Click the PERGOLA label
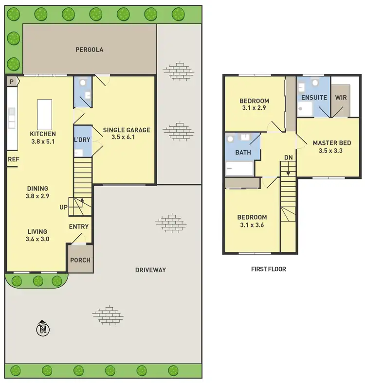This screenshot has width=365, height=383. pyautogui.click(x=90, y=50)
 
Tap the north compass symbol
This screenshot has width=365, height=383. pyautogui.click(x=43, y=330)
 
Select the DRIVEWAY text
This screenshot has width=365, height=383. pyautogui.click(x=151, y=270)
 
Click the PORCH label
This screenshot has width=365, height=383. pyautogui.click(x=80, y=260)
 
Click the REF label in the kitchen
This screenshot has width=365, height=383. pyautogui.click(x=12, y=159)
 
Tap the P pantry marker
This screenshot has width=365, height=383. pyautogui.click(x=11, y=82)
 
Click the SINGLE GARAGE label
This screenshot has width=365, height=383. pyautogui.click(x=127, y=130)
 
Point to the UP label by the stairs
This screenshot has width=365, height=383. pyautogui.click(x=64, y=207)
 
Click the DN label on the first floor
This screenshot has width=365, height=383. pyautogui.click(x=289, y=158)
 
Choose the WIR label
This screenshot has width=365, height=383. pyautogui.click(x=340, y=97)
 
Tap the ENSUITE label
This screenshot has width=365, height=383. pyautogui.click(x=314, y=98)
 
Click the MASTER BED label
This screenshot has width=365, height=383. pyautogui.click(x=332, y=143)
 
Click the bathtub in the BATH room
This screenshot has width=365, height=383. pyautogui.click(x=239, y=169)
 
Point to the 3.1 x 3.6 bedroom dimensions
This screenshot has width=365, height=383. pyautogui.click(x=252, y=225)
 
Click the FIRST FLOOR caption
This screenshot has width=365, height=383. pyautogui.click(x=268, y=269)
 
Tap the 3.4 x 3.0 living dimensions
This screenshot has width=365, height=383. pyautogui.click(x=37, y=239)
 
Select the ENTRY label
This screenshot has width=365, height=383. pyautogui.click(x=79, y=226)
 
